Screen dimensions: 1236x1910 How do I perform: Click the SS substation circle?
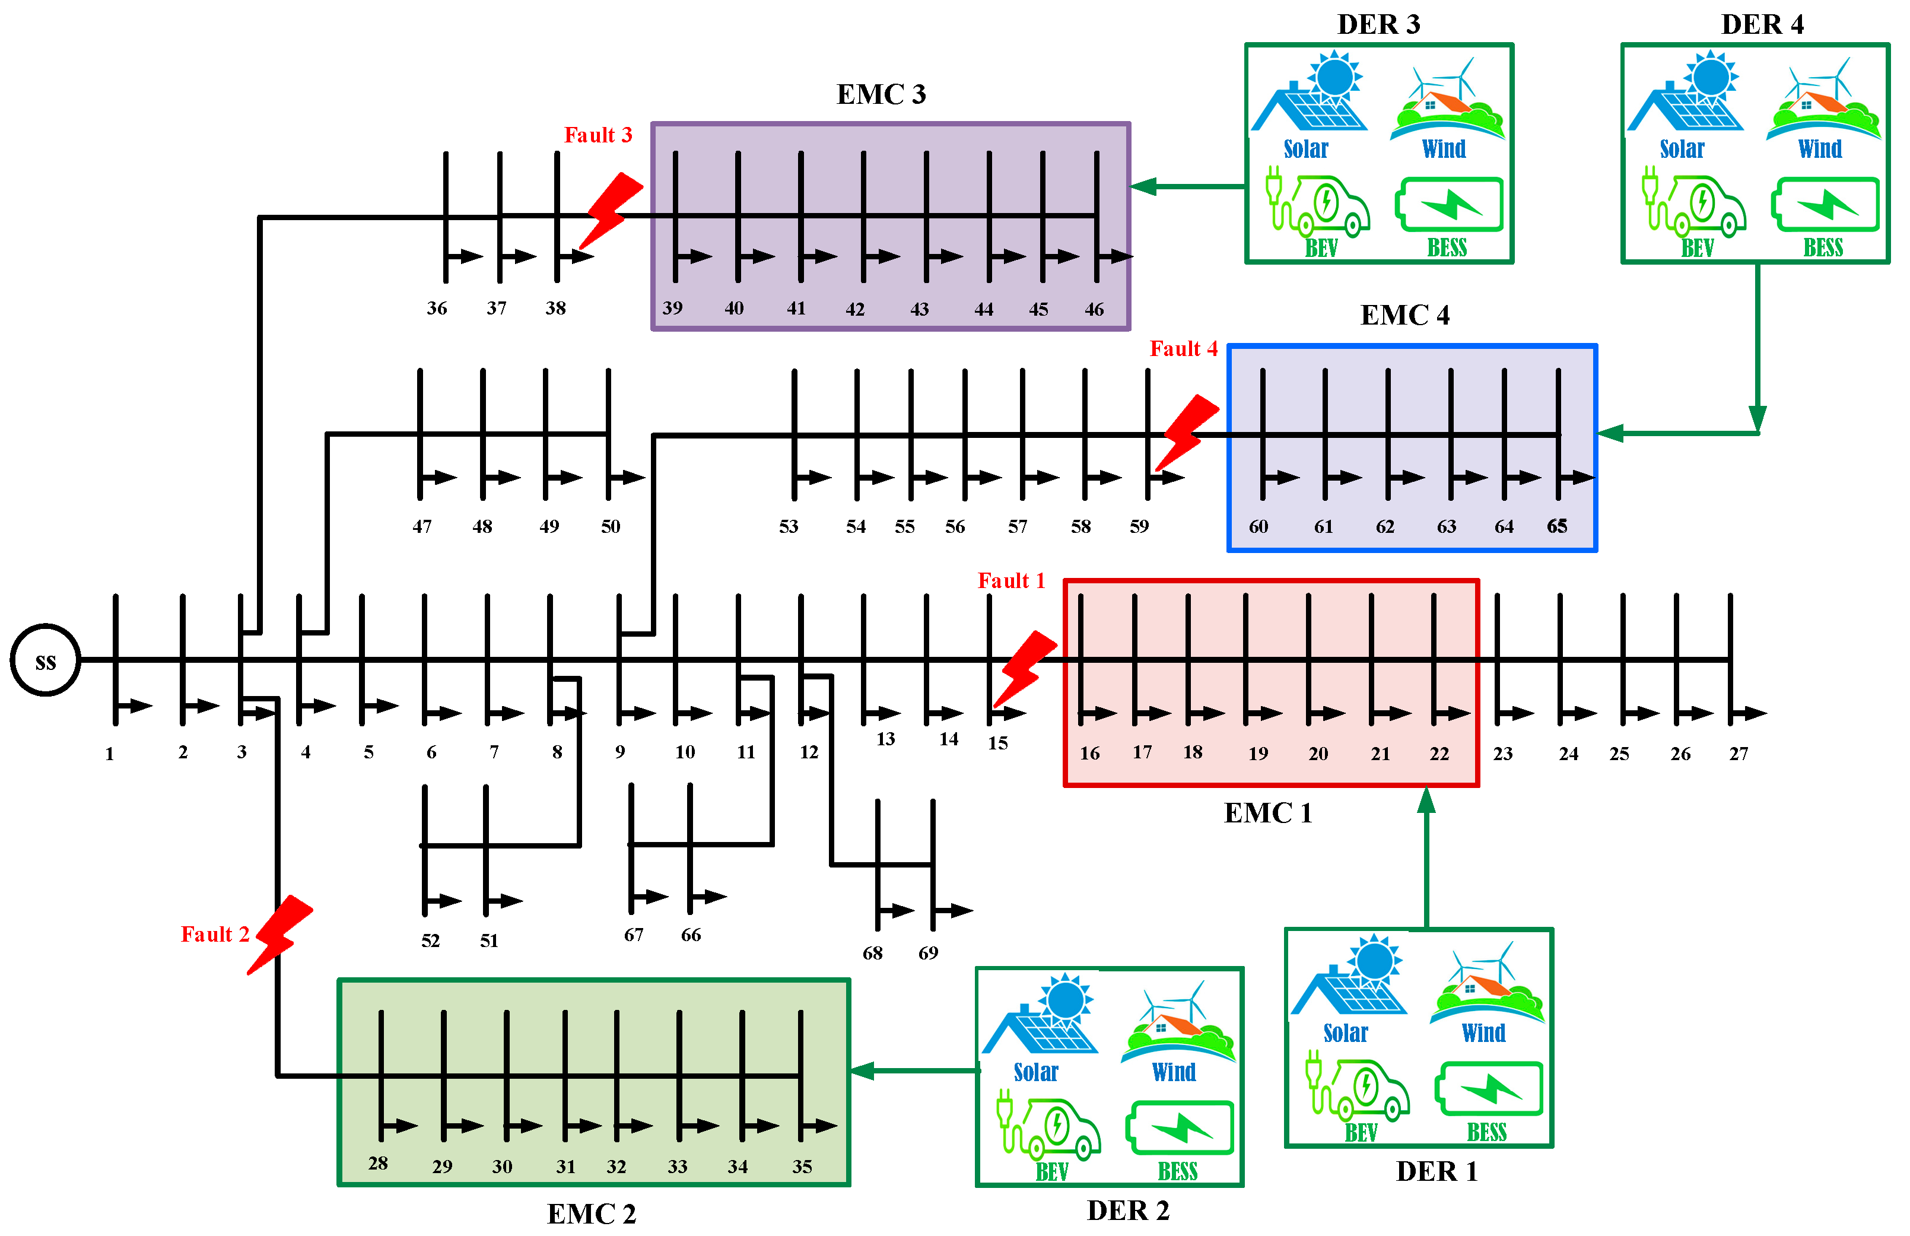(46, 660)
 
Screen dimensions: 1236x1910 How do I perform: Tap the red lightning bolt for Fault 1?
(1024, 667)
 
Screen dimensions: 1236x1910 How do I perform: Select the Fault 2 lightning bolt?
(279, 933)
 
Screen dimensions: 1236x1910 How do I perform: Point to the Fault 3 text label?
(598, 135)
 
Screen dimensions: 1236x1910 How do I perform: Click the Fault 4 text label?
(1183, 348)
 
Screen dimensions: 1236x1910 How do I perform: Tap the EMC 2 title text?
(592, 1213)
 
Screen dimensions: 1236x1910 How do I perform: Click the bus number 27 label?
(1739, 754)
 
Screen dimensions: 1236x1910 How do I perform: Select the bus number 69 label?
(928, 953)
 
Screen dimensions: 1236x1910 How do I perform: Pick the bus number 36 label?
(437, 308)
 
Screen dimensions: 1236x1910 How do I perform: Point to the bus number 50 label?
(611, 526)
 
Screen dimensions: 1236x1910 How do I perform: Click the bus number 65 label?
(1557, 526)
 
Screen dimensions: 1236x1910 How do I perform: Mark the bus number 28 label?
(378, 1163)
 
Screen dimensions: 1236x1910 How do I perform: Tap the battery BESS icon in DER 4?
(1825, 205)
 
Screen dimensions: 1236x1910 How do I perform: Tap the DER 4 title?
(1762, 25)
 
